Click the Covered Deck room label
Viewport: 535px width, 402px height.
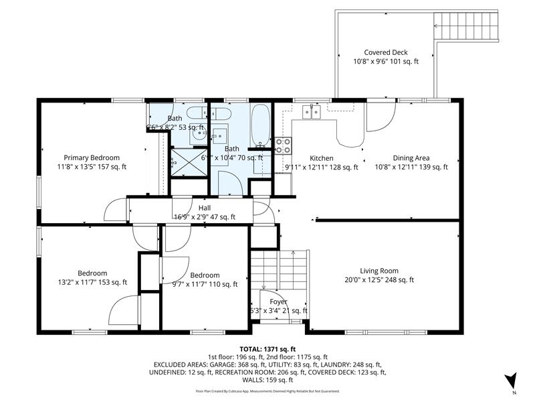[386, 52]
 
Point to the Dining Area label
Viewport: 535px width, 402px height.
[411, 158]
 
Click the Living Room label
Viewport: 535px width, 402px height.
[379, 271]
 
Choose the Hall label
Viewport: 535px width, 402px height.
[204, 208]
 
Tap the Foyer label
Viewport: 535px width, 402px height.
[278, 301]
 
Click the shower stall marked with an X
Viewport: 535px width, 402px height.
[181, 159]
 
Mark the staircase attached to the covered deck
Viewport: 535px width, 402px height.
[467, 26]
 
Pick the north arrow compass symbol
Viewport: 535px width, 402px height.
[511, 381]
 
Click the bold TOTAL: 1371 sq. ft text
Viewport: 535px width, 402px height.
[267, 349]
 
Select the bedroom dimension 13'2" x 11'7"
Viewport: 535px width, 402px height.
[92, 283]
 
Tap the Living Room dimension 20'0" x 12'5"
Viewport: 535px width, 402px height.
[379, 280]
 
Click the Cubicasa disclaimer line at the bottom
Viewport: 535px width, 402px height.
[267, 391]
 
